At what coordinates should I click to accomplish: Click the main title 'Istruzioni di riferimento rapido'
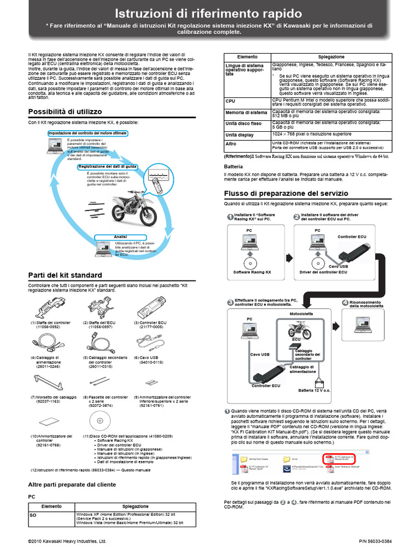coord(209,13)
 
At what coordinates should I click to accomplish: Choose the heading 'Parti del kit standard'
coord(65,275)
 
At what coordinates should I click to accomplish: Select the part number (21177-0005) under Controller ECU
coord(149,326)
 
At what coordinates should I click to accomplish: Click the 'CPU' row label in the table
coord(230,101)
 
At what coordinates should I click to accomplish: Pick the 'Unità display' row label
coord(240,135)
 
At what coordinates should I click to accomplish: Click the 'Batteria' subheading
coord(233,166)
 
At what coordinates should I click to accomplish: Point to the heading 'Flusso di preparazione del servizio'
coord(286,194)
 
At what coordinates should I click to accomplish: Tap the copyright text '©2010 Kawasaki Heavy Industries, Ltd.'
coord(67,541)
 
